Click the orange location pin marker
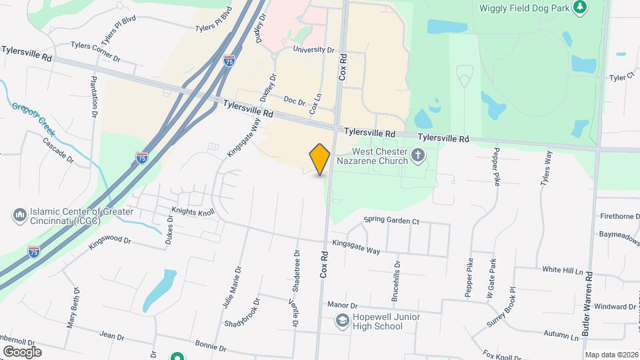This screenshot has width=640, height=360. tap(320, 159)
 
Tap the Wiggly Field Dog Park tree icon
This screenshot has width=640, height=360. tap(581, 7)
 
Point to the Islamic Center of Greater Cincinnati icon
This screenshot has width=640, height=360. tap(19, 216)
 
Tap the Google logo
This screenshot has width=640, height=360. tap(21, 351)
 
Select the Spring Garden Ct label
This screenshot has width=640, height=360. tap(391, 220)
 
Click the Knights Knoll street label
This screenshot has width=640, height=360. tap(193, 213)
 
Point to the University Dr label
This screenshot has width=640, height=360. tap(313, 49)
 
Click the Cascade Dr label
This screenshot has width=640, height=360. tap(58, 150)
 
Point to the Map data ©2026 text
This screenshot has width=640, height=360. tap(611, 355)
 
